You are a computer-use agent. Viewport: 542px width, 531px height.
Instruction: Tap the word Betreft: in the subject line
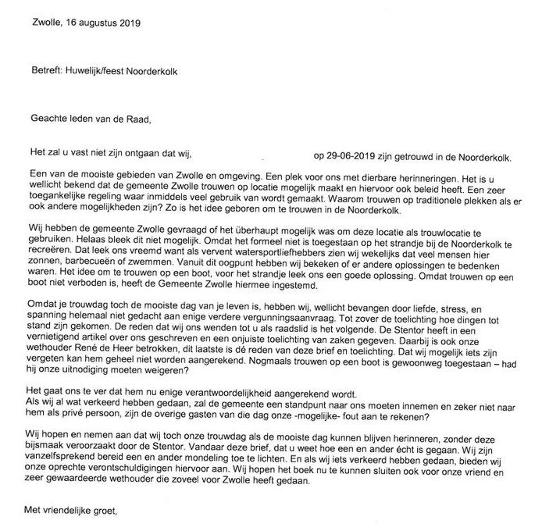[45, 73]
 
